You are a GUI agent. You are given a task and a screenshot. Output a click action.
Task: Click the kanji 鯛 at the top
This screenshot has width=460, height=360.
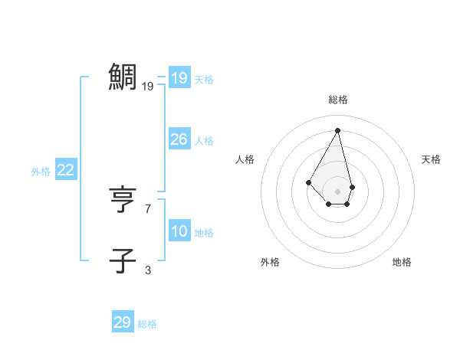click(123, 77)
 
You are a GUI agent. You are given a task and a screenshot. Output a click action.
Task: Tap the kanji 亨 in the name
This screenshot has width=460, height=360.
click(123, 200)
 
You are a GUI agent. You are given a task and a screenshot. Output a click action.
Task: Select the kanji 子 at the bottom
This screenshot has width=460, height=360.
click(123, 260)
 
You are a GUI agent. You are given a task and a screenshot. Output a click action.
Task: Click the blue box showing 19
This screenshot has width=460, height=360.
click(179, 78)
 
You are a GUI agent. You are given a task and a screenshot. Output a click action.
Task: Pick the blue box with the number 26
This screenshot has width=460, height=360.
click(179, 139)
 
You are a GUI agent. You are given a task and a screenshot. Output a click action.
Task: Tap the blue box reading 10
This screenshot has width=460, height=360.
click(179, 231)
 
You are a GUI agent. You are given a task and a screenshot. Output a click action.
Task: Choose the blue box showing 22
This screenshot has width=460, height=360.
click(65, 170)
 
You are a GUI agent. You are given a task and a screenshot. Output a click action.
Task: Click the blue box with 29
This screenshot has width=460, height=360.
click(122, 322)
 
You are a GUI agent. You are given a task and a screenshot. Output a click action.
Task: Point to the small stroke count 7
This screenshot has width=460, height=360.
click(148, 208)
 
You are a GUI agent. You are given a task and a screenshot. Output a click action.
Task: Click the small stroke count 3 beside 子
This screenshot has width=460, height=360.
click(148, 270)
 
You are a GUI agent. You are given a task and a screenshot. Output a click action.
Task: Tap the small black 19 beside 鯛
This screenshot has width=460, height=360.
click(148, 87)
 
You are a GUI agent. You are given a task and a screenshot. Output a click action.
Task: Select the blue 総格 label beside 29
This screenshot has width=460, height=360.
click(147, 324)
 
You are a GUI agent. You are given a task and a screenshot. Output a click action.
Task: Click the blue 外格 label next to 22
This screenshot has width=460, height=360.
click(41, 172)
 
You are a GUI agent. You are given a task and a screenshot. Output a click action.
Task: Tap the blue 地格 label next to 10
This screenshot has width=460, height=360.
click(204, 233)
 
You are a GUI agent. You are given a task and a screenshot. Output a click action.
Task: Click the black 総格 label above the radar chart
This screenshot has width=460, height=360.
click(338, 100)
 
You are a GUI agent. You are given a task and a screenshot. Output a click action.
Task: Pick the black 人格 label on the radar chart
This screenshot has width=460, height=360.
click(245, 159)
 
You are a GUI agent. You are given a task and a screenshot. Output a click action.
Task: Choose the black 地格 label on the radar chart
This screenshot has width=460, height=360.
click(402, 262)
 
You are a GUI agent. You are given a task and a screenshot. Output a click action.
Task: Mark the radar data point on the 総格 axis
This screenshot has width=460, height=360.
click(338, 130)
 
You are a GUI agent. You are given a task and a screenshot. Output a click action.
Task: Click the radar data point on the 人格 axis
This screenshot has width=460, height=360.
click(308, 182)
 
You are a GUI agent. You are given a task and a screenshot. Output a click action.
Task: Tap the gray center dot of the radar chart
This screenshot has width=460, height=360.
click(338, 191)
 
